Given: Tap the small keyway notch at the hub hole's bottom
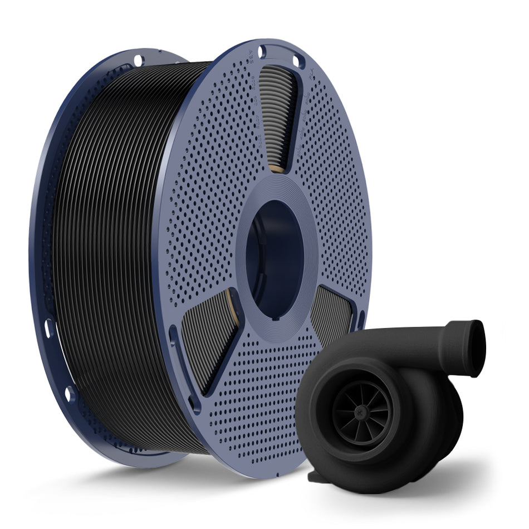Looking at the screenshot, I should pyautogui.click(x=276, y=319).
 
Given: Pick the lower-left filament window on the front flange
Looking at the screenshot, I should pyautogui.click(x=209, y=340).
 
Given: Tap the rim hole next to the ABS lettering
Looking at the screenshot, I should pyautogui.click(x=262, y=52).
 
